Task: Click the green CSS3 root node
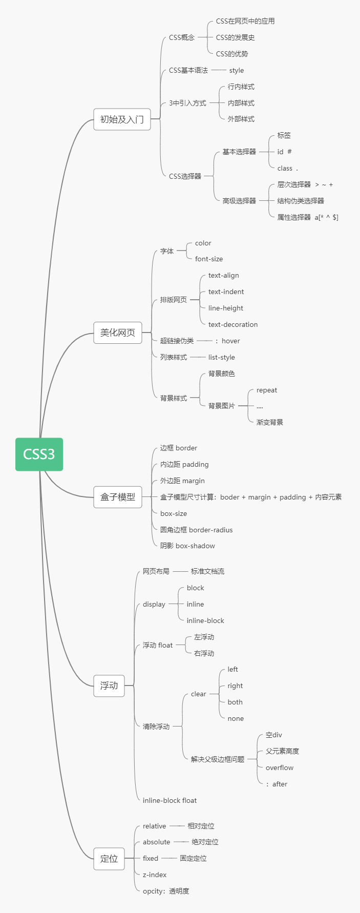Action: click(39, 454)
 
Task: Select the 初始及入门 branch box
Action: click(122, 119)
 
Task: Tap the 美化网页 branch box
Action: click(118, 333)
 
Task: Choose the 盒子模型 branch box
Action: click(118, 497)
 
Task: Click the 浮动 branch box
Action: click(109, 686)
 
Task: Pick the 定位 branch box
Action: click(109, 859)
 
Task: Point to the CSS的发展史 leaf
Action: click(235, 37)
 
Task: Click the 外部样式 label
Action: click(241, 119)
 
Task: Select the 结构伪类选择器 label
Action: click(301, 201)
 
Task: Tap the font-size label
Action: click(209, 259)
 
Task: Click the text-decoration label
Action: click(233, 325)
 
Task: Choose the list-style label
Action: click(222, 358)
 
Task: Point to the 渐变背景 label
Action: click(270, 422)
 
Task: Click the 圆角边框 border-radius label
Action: click(196, 530)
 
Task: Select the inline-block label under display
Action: click(205, 620)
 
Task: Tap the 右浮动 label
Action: click(204, 653)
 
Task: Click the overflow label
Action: click(280, 767)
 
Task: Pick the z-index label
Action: click(155, 875)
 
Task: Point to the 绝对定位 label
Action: click(205, 842)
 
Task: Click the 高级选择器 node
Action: click(239, 201)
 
